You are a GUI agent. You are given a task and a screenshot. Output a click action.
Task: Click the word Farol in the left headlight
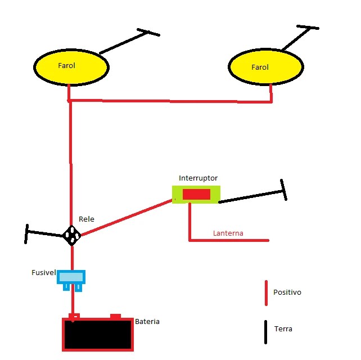tap(66, 66)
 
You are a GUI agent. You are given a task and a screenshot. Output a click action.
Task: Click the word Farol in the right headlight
tap(260, 67)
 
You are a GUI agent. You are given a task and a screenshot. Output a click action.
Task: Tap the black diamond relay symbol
tap(72, 235)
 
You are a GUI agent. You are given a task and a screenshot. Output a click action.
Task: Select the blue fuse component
tap(71, 280)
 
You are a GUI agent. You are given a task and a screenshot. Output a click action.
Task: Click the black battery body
tap(98, 335)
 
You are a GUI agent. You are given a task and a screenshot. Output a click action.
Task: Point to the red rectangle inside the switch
tap(196, 195)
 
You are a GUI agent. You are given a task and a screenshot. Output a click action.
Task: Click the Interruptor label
tap(198, 178)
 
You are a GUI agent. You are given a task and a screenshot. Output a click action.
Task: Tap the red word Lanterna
tap(228, 233)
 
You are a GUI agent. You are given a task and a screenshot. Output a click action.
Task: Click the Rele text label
tap(87, 219)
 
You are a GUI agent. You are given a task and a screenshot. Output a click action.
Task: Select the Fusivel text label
tap(43, 272)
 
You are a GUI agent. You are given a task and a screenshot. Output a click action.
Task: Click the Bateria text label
tap(147, 322)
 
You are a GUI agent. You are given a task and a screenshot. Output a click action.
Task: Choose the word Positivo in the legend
tap(287, 292)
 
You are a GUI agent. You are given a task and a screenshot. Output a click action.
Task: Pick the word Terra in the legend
tap(283, 328)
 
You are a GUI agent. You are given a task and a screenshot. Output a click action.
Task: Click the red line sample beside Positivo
tap(266, 293)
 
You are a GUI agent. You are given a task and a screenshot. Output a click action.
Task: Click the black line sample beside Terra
tap(265, 332)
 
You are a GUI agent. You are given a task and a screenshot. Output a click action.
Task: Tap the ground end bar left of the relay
tap(26, 234)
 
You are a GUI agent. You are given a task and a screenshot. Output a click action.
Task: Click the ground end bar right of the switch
tap(283, 190)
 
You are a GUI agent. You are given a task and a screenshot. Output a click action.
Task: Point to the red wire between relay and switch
tap(127, 218)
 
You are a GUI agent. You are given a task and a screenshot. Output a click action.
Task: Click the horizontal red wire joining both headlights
tap(170, 101)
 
